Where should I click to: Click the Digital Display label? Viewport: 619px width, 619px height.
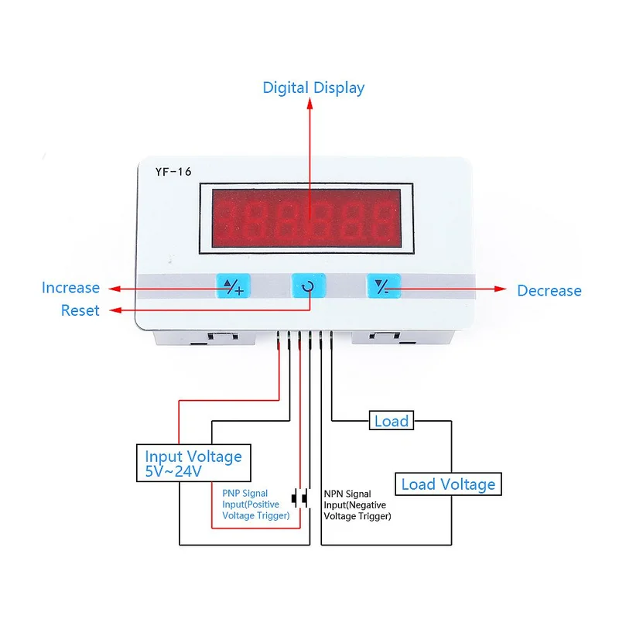tap(313, 88)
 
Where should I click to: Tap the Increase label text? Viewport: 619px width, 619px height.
tap(70, 288)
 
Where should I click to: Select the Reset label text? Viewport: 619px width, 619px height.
tap(80, 311)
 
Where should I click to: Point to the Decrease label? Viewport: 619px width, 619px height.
tap(549, 291)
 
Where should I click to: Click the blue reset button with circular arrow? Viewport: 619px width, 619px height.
tap(309, 286)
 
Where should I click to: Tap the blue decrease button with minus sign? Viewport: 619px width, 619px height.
tap(384, 286)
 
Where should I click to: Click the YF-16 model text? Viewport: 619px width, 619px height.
tap(173, 172)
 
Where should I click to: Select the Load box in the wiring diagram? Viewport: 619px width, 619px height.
tap(392, 421)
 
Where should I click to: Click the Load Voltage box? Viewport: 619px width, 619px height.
tap(448, 484)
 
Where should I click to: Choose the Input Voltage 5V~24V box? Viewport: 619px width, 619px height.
tap(193, 463)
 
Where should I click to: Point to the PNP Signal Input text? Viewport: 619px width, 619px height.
tap(256, 504)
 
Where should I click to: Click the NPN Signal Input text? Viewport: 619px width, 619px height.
tap(357, 505)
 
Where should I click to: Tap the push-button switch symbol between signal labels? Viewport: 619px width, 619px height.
tap(299, 498)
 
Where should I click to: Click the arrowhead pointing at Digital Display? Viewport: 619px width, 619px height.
tap(310, 104)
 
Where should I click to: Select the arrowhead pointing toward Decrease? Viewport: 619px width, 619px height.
tap(500, 289)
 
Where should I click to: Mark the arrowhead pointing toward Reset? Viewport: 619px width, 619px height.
tap(115, 310)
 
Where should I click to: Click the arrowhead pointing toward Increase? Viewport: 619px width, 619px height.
tap(115, 289)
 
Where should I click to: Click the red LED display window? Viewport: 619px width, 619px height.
tap(306, 218)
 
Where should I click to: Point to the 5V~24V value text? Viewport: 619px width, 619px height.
tap(173, 472)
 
